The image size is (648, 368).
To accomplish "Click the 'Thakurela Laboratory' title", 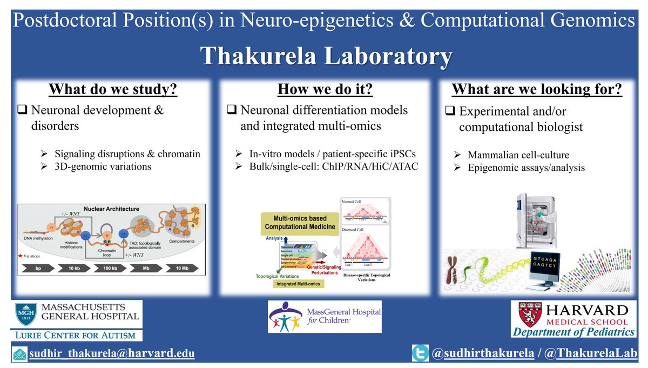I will tap(324, 56).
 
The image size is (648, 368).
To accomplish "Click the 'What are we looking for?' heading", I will tap(537, 89).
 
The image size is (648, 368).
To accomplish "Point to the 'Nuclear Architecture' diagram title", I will tap(111, 208).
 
